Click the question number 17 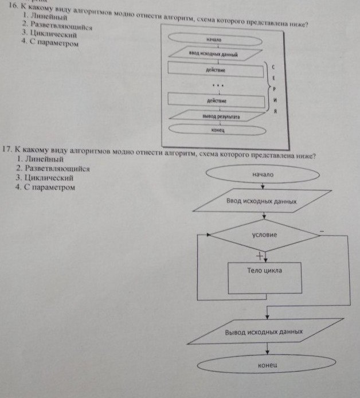point(7,149)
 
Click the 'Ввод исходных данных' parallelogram point(261,202)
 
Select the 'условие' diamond point(264,235)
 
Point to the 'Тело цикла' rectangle point(264,276)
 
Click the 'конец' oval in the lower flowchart point(264,365)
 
